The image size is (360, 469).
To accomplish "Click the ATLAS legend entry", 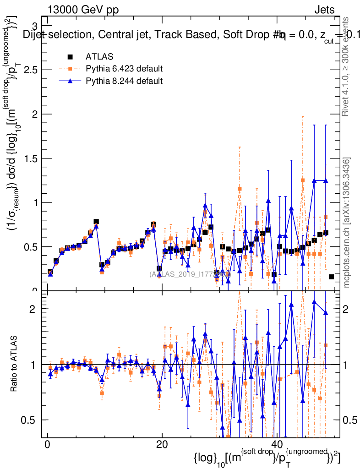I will click(99, 57).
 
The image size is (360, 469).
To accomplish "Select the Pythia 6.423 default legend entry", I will click(124, 69).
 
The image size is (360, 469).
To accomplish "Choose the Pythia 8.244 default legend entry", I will click(124, 81).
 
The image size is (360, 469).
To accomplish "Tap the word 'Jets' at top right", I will click(324, 10).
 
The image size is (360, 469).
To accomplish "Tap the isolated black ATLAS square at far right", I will click(331, 277).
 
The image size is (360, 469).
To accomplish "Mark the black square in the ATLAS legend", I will click(70, 57).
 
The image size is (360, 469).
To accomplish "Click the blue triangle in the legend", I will click(70, 81).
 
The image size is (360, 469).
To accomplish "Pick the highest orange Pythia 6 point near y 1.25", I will click(303, 180).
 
